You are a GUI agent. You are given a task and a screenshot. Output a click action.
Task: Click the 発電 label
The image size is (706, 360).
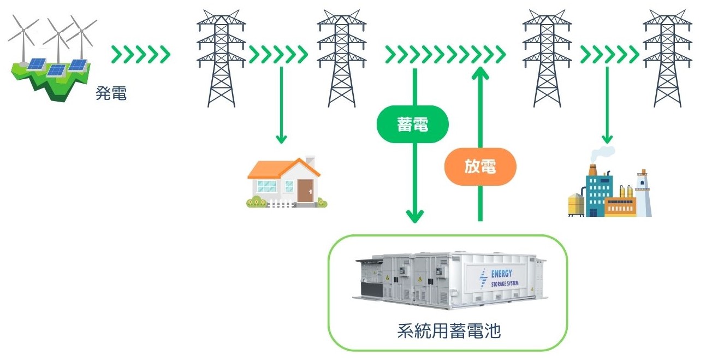111,94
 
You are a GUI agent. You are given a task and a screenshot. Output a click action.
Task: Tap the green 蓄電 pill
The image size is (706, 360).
412,125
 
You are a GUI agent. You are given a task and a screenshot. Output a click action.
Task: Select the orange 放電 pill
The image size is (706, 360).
480,167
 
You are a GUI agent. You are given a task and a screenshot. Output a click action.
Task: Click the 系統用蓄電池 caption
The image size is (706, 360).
448,331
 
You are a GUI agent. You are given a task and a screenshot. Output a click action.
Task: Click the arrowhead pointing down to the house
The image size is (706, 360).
281,139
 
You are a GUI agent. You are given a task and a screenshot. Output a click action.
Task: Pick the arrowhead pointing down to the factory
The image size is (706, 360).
607,139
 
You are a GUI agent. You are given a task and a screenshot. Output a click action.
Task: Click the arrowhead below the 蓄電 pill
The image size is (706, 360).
415,216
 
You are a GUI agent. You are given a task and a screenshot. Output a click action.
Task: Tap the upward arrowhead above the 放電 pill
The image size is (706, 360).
480,73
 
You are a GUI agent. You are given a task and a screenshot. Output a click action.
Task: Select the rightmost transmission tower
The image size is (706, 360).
667,57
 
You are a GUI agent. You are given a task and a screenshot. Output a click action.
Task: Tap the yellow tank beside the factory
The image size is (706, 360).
576,204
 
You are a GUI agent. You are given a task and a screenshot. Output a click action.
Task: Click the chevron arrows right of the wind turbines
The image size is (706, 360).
141,55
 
